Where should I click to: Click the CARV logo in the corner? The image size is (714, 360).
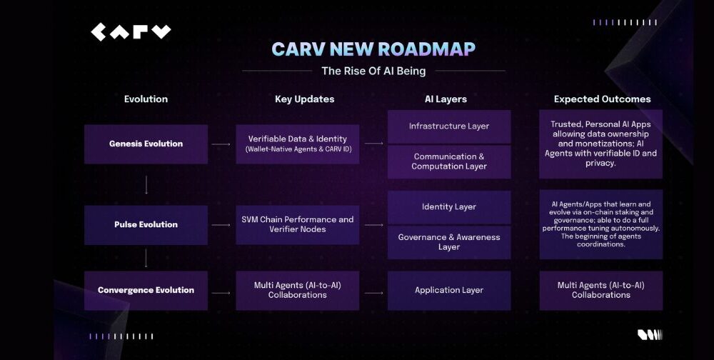(131, 32)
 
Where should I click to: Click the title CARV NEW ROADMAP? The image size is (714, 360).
(373, 49)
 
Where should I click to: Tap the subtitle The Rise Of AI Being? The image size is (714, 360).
(373, 71)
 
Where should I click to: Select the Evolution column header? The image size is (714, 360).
(146, 99)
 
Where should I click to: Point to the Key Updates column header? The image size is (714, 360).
(305, 99)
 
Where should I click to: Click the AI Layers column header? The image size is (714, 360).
(446, 99)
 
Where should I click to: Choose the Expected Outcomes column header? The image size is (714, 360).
(603, 99)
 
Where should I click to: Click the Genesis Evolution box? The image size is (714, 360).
(146, 144)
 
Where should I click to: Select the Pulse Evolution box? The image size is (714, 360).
(146, 225)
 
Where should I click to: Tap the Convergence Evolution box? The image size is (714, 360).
(146, 290)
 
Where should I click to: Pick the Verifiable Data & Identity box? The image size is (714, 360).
(297, 144)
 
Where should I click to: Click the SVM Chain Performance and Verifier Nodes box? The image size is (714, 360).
(297, 225)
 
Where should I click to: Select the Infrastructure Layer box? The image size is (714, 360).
(449, 126)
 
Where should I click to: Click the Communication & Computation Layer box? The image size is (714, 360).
(449, 161)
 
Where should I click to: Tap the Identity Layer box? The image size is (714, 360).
(449, 207)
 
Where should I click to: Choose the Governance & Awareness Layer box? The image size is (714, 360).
(449, 242)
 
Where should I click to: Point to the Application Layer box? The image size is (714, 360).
(449, 290)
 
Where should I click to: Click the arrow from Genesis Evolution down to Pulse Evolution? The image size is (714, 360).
(146, 184)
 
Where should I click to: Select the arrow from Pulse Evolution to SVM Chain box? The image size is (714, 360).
(221, 225)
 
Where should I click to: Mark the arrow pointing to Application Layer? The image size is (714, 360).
(373, 293)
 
